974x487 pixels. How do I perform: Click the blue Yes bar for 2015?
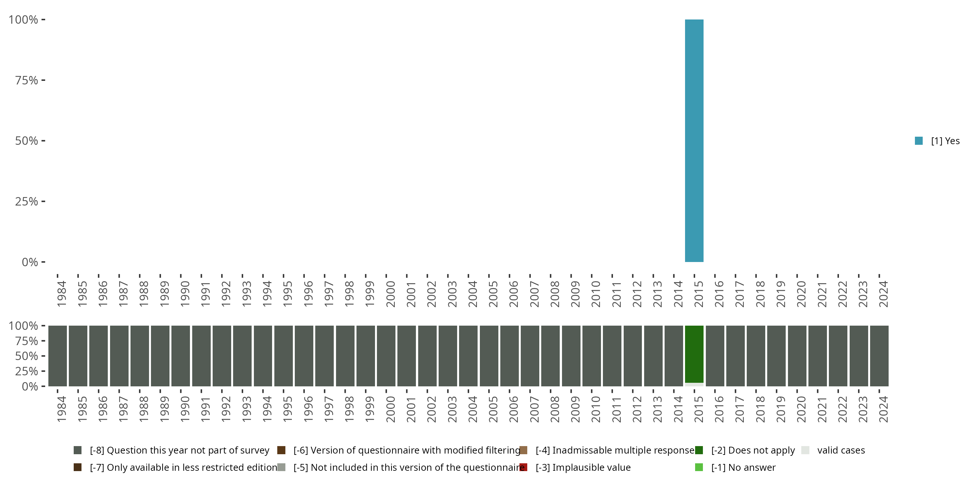(694, 141)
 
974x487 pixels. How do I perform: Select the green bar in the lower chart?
(694, 354)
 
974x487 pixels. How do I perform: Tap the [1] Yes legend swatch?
(918, 141)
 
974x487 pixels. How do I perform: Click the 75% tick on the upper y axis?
(27, 80)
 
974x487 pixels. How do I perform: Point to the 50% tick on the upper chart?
(27, 141)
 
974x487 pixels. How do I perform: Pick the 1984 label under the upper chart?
(62, 294)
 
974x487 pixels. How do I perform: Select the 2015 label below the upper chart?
(698, 294)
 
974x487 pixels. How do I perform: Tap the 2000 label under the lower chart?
(390, 409)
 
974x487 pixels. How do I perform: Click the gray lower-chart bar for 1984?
(57, 356)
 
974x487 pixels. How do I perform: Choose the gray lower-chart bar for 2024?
(879, 356)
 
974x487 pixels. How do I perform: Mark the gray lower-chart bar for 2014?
(673, 356)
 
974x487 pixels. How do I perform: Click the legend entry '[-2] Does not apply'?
(753, 450)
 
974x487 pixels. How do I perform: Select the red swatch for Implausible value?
(523, 467)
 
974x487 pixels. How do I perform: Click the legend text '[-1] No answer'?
(743, 467)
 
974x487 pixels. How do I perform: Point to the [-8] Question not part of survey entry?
(179, 450)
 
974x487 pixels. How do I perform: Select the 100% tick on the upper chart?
(23, 20)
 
